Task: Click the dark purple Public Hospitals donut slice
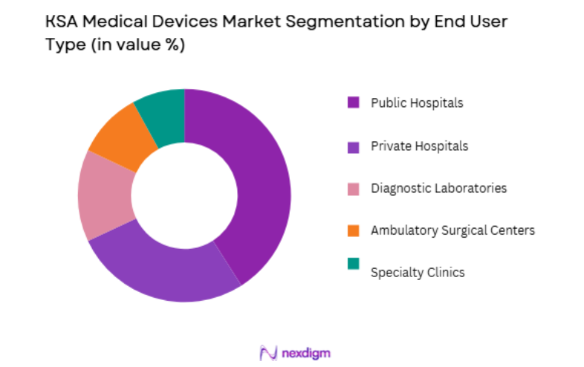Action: (260, 186)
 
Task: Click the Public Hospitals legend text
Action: (417, 103)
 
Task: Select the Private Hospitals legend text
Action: (420, 146)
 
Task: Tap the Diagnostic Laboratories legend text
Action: (438, 188)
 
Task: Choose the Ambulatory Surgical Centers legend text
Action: (452, 230)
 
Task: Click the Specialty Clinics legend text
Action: (418, 272)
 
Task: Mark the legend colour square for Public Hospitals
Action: (353, 103)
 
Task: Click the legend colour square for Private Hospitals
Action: (353, 146)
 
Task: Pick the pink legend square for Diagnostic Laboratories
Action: (353, 188)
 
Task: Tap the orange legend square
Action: (353, 230)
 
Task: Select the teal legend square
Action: (353, 264)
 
